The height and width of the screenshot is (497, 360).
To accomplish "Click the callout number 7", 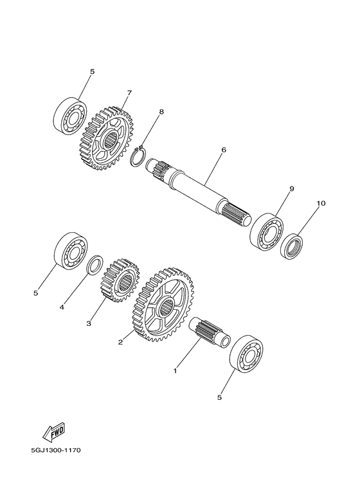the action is point(129,93).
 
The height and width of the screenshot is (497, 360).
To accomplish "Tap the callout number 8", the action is point(161,112).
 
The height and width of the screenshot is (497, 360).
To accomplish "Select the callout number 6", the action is point(224,150).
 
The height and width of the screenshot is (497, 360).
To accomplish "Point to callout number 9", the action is point(292,189).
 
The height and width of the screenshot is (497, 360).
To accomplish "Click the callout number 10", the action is point(321,203).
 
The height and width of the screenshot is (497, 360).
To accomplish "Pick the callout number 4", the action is point(62,307).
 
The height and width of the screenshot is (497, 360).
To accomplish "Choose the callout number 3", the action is point(89,323).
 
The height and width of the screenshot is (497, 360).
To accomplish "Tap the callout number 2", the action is point(120,342).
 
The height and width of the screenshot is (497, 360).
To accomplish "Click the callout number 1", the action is point(175,370).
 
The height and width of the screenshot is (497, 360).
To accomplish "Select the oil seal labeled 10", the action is point(292,246).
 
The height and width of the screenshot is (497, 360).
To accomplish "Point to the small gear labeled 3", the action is point(120,279).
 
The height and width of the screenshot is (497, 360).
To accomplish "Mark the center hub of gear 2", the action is point(166,307).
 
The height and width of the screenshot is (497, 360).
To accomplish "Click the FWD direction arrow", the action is point(54,433).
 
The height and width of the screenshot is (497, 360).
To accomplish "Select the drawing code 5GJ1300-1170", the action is point(56,450).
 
